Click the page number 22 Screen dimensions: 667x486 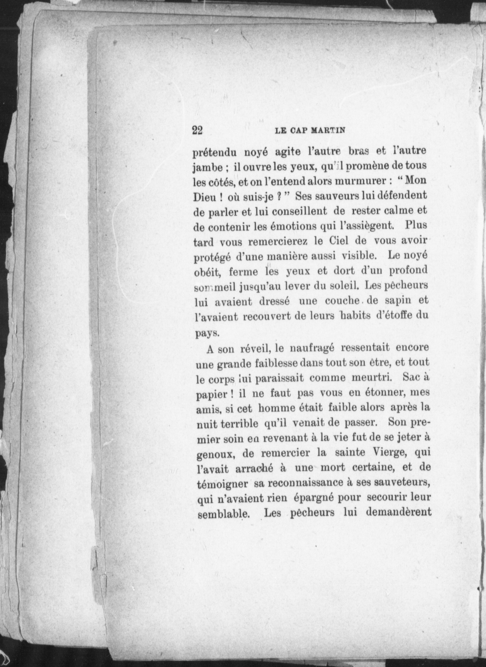tap(198, 130)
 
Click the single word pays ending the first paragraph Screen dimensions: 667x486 tap(203, 332)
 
